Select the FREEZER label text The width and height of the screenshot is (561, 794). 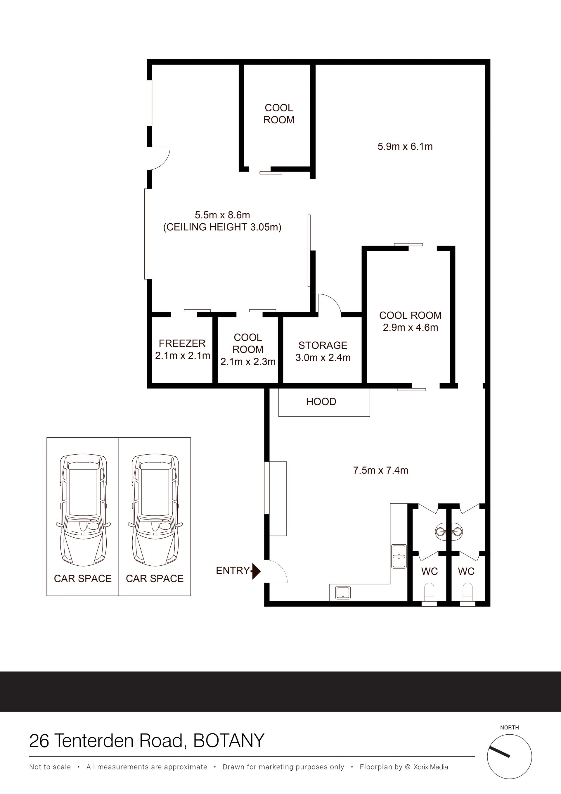tap(182, 344)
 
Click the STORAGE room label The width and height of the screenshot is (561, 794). tap(323, 346)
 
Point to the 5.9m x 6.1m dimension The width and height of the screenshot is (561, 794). tap(405, 147)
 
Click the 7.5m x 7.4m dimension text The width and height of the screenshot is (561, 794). tap(380, 470)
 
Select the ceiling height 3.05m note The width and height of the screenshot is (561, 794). tap(222, 227)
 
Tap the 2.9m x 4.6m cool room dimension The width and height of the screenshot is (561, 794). tap(410, 327)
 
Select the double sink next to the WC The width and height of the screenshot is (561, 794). tap(399, 556)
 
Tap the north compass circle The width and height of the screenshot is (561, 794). tap(510, 757)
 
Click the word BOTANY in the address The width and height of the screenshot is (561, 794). tap(229, 741)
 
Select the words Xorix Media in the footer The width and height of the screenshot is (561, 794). tap(431, 767)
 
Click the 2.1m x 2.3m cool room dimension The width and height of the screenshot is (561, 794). tap(248, 362)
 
